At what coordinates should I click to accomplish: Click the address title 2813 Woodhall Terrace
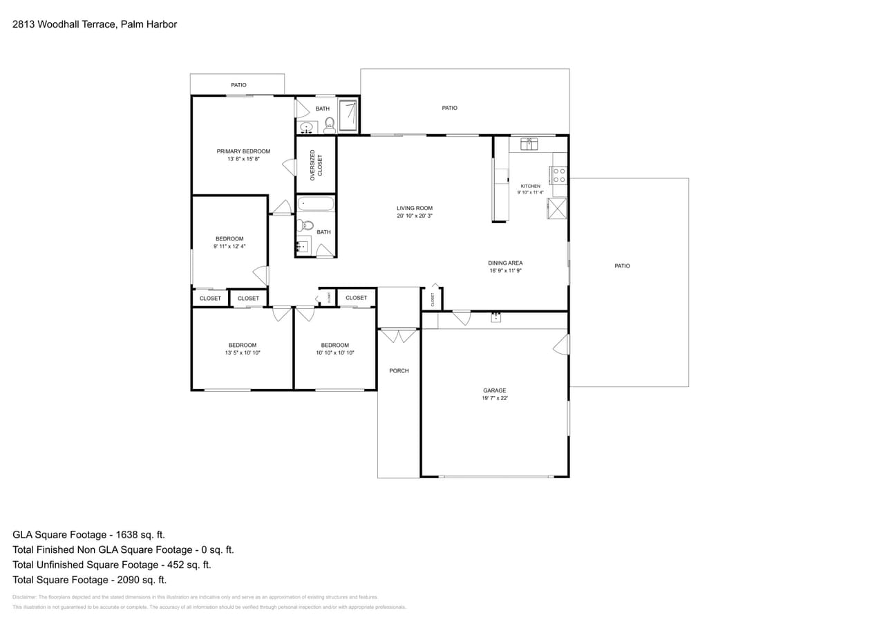pyautogui.click(x=95, y=24)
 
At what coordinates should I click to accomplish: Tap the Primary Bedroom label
pyautogui.click(x=243, y=151)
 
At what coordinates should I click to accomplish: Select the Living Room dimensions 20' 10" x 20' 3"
pyautogui.click(x=415, y=216)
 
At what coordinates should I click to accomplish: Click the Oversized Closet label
pyautogui.click(x=316, y=164)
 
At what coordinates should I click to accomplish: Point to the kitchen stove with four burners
pyautogui.click(x=559, y=175)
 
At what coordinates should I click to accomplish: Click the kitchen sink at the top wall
pyautogui.click(x=529, y=144)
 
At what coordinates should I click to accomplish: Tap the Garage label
pyautogui.click(x=495, y=390)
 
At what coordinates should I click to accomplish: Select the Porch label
pyautogui.click(x=399, y=371)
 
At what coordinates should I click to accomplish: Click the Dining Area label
pyautogui.click(x=505, y=263)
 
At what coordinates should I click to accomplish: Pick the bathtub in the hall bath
pyautogui.click(x=316, y=205)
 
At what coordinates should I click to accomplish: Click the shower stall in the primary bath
pyautogui.click(x=348, y=115)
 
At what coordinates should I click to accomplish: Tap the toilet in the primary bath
pyautogui.click(x=330, y=124)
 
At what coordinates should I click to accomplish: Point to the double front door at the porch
pyautogui.click(x=399, y=336)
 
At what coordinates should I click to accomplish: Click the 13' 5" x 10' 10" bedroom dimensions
pyautogui.click(x=243, y=352)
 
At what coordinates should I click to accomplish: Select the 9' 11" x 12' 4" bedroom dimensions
pyautogui.click(x=229, y=246)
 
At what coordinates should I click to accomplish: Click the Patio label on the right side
pyautogui.click(x=622, y=266)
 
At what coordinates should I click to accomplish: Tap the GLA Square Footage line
pyautogui.click(x=88, y=534)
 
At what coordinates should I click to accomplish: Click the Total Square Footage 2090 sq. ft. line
pyautogui.click(x=89, y=580)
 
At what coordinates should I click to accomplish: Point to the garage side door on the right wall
pyautogui.click(x=562, y=344)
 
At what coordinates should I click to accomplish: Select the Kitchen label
pyautogui.click(x=531, y=186)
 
